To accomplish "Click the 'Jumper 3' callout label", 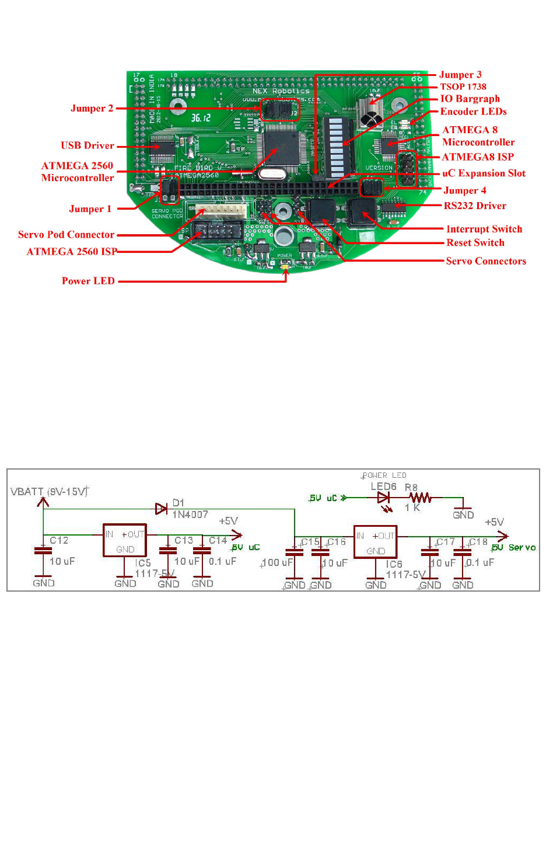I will click(460, 75).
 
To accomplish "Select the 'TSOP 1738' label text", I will click(463, 86).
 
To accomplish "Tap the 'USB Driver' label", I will click(87, 145).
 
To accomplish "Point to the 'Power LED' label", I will click(88, 281).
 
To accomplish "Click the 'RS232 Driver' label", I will click(475, 206).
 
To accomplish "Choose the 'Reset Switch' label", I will click(475, 242).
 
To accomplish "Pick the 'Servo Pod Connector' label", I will click(66, 235).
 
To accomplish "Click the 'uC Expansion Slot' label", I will click(484, 173).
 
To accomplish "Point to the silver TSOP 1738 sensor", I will click(370, 113).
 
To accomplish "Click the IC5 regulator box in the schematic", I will click(125, 540).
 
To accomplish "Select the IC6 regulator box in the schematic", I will click(375, 542).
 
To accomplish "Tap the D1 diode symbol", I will click(162, 509).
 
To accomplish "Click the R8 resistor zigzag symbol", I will click(420, 498).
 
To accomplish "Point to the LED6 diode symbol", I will click(383, 498).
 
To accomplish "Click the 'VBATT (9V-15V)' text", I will click(49, 492).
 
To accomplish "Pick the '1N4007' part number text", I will click(190, 515).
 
